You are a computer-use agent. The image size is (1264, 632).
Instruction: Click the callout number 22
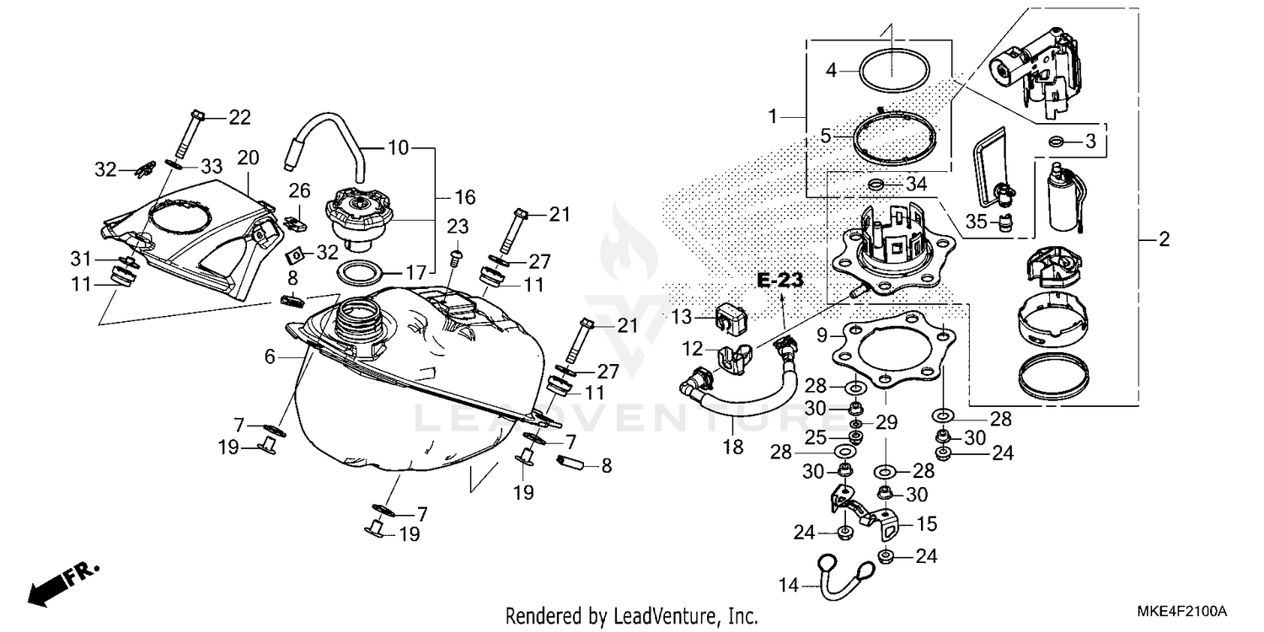click(x=240, y=118)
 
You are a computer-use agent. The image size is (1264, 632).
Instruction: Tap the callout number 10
click(x=398, y=148)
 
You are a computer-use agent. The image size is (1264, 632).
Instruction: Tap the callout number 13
click(x=682, y=317)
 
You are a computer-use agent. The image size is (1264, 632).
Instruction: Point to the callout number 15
click(x=926, y=524)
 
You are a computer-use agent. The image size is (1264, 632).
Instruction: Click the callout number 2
click(x=1164, y=240)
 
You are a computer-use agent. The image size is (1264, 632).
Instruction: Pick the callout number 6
click(x=270, y=357)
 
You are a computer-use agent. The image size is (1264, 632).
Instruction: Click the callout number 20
click(x=247, y=157)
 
